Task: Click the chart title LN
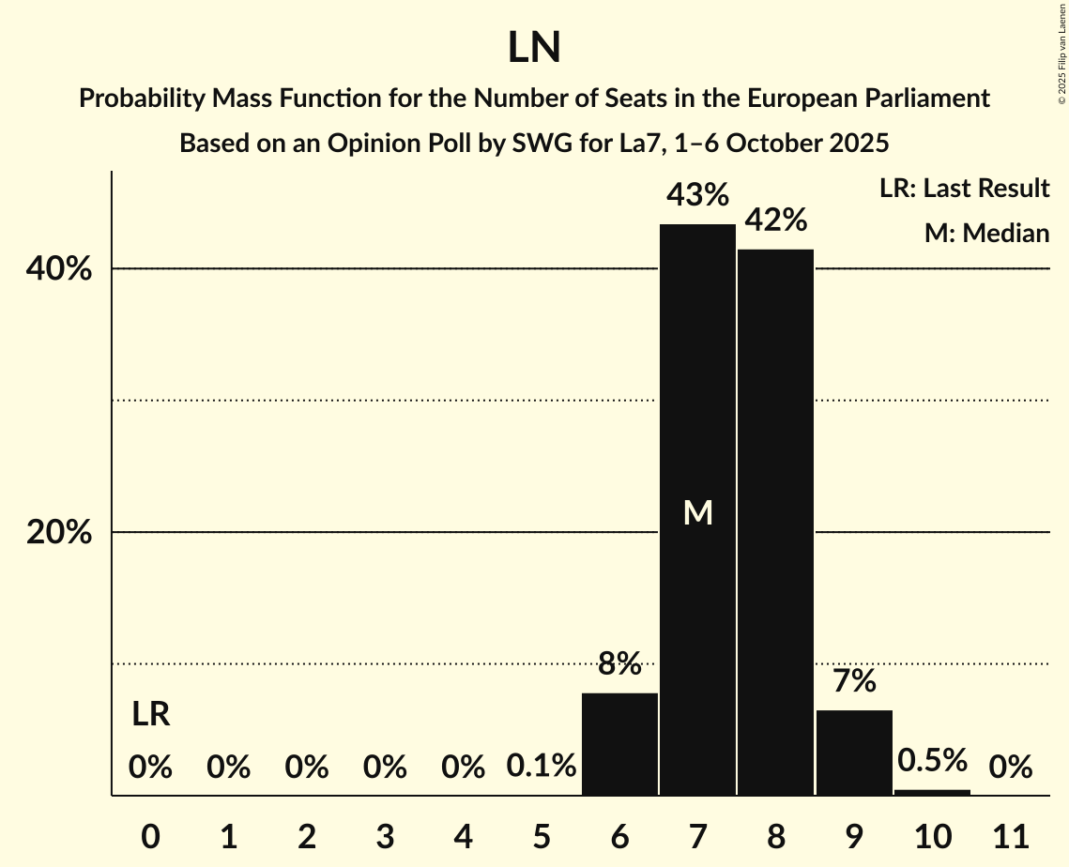pyautogui.click(x=534, y=48)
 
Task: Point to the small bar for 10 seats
pyautogui.click(x=932, y=792)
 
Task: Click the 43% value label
pyautogui.click(x=697, y=195)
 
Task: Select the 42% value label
pyautogui.click(x=775, y=221)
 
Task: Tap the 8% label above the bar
pyautogui.click(x=619, y=664)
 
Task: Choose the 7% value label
pyautogui.click(x=854, y=681)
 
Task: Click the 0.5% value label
pyautogui.click(x=932, y=760)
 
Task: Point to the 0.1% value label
pyautogui.click(x=542, y=767)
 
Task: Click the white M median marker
pyautogui.click(x=697, y=512)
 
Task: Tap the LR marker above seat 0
pyautogui.click(x=150, y=715)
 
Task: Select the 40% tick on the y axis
pyautogui.click(x=58, y=269)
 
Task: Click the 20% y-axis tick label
pyautogui.click(x=58, y=533)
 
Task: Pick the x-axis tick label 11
pyautogui.click(x=1010, y=835)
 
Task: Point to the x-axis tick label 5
pyautogui.click(x=542, y=835)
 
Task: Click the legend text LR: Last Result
pyautogui.click(x=964, y=189)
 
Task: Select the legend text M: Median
pyautogui.click(x=986, y=234)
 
